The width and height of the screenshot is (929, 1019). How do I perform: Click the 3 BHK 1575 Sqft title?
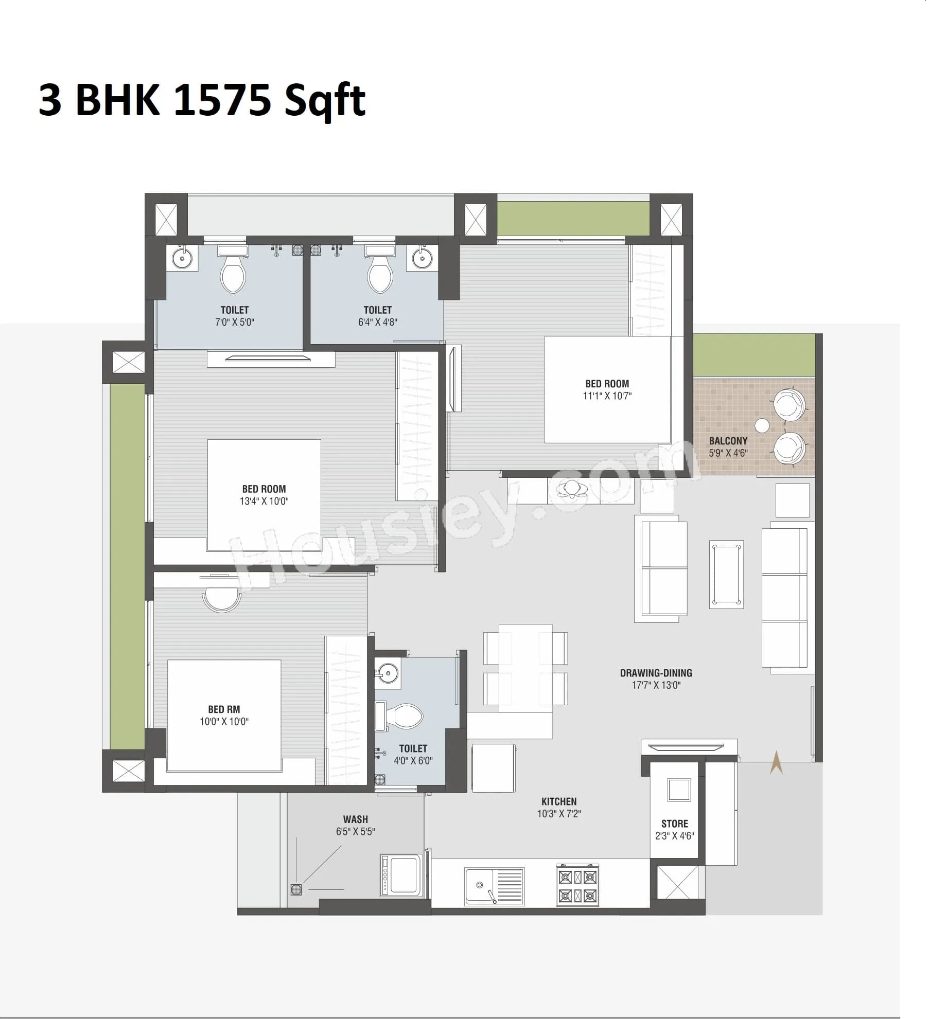202,100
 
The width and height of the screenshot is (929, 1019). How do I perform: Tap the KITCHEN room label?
559,801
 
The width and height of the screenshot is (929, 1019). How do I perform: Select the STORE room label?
674,824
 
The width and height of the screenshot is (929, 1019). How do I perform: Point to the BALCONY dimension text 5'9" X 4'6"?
728,453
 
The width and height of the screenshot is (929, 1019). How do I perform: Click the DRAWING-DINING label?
656,673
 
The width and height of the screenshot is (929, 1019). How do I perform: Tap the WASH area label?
355,819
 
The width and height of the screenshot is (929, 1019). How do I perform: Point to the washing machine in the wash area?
401,875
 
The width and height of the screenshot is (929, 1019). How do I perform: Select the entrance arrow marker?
776,762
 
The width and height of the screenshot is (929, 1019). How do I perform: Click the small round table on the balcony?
762,425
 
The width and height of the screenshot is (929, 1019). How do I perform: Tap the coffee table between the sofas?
726,574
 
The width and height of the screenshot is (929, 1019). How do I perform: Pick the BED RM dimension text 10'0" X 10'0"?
224,721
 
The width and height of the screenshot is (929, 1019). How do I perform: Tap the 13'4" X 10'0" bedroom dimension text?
264,501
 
